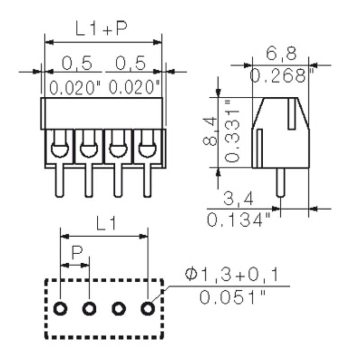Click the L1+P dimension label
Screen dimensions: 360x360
tap(101, 29)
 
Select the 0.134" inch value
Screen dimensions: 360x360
tap(239, 220)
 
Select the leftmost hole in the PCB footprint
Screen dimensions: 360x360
tap(61, 309)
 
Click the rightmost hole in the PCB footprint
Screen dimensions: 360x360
tap(147, 309)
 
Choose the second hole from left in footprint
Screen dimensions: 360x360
tap(90, 309)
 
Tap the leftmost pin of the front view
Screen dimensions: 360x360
tap(59, 182)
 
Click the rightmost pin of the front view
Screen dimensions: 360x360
tap(146, 182)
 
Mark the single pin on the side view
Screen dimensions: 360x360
tap(280, 183)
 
